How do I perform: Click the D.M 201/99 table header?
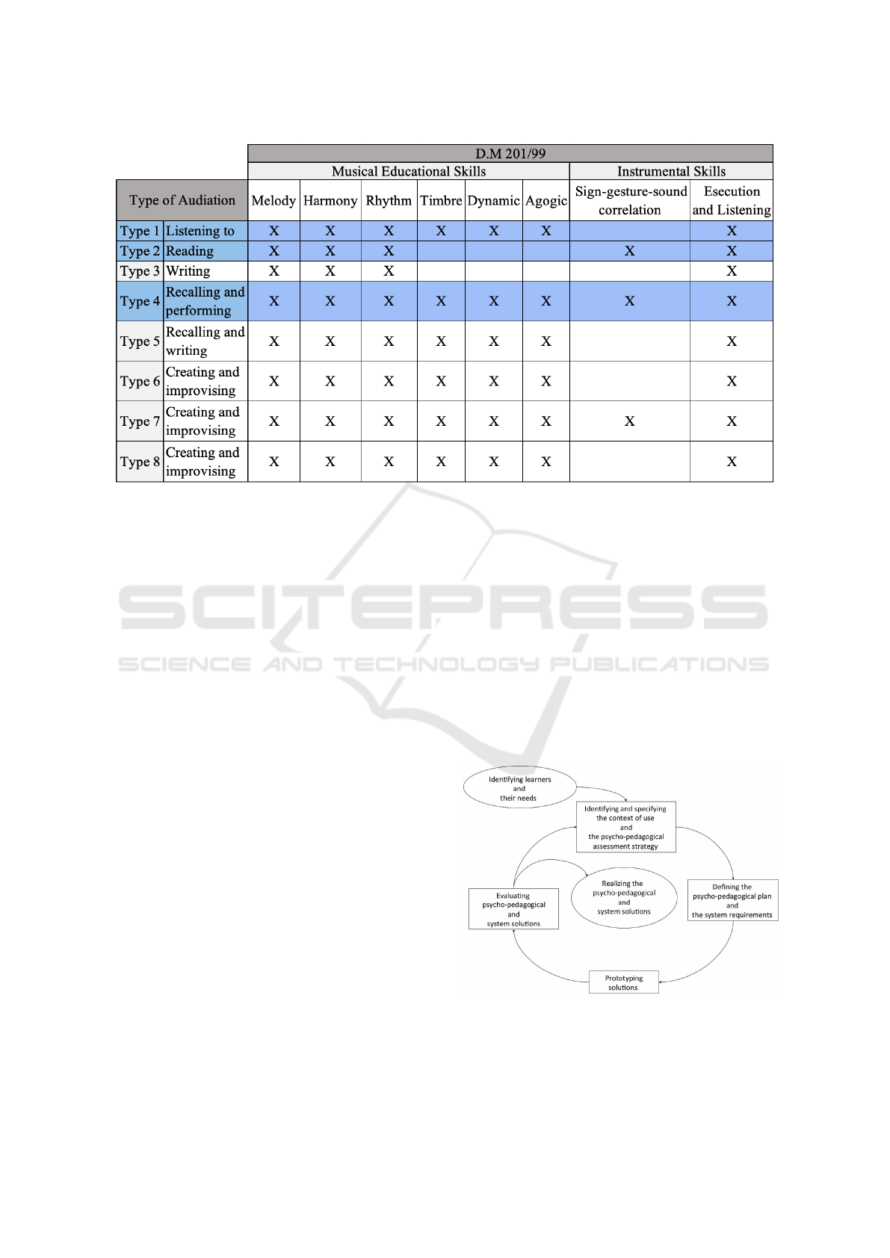[x=510, y=153]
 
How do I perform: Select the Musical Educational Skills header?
[x=409, y=171]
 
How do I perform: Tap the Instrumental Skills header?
[x=671, y=171]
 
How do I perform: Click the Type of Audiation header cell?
[x=182, y=200]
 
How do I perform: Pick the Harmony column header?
[x=330, y=200]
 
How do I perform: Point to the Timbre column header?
[x=441, y=200]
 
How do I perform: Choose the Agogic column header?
[x=546, y=200]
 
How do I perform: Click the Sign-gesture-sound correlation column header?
[x=630, y=200]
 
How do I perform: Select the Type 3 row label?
[x=140, y=271]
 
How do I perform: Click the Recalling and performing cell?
[x=205, y=301]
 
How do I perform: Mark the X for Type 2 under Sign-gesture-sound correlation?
[x=630, y=251]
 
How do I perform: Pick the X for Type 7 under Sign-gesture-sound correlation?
[x=630, y=421]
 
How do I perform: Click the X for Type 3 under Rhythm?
[x=389, y=271]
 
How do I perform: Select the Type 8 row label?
[x=140, y=462]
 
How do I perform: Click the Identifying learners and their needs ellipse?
[x=519, y=788]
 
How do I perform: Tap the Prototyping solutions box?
[x=623, y=982]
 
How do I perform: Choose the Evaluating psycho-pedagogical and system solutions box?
[x=513, y=909]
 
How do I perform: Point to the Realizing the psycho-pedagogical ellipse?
[x=623, y=897]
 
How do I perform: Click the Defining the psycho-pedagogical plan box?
[x=732, y=900]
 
